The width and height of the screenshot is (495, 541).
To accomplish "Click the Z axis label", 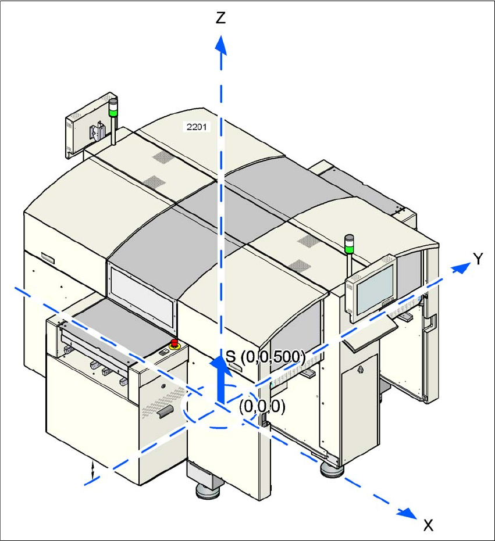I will coord(220,18).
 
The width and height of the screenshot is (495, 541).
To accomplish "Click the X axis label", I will coord(428,525).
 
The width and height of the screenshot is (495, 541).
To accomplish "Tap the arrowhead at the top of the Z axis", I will coord(220,44).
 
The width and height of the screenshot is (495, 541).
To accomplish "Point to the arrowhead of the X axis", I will coord(409,512).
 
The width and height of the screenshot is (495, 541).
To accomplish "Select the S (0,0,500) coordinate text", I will coord(265,356).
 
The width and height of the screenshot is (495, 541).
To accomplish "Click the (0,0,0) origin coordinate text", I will coord(262,407).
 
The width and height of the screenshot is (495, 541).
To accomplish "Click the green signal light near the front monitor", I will coord(349,247).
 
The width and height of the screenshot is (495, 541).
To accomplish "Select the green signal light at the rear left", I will coord(113,109).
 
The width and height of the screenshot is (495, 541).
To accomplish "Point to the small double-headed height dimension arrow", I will coord(92,470).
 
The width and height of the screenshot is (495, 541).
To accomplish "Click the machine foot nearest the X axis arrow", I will coord(332,469).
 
